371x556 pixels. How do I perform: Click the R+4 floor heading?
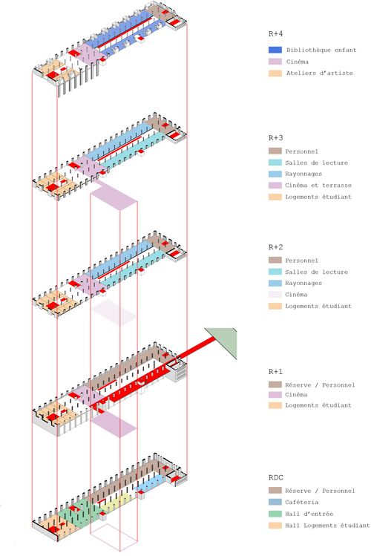click(x=276, y=34)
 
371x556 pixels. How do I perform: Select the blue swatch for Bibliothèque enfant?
click(x=275, y=50)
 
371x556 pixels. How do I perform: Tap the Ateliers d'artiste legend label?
click(x=320, y=73)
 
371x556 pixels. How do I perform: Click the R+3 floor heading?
click(x=276, y=138)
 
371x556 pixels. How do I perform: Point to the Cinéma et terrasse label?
click(x=318, y=186)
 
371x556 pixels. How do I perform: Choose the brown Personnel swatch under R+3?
click(x=275, y=151)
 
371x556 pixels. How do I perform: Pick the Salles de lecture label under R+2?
click(x=316, y=272)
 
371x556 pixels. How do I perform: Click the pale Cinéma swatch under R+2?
click(x=275, y=294)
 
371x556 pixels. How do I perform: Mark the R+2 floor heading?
click(x=276, y=247)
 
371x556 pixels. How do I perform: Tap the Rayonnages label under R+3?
click(x=303, y=174)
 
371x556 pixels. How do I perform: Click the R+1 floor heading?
click(x=276, y=372)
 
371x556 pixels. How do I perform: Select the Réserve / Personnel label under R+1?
click(x=320, y=385)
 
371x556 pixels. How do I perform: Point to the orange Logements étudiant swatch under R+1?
click(x=275, y=405)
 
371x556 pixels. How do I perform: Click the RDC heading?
click(x=276, y=477)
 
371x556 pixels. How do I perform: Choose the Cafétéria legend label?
click(x=301, y=502)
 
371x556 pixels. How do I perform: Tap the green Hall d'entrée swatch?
click(x=275, y=514)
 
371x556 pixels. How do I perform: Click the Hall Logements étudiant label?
click(x=327, y=525)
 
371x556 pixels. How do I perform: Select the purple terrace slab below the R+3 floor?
click(x=114, y=196)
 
